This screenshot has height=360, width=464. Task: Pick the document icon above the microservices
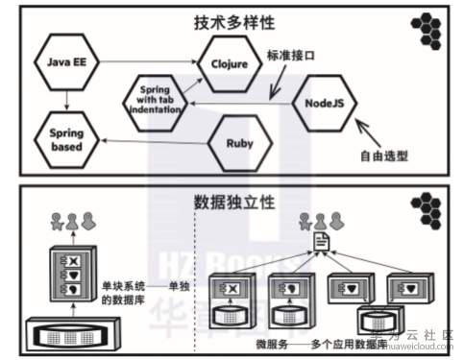coord(320,244)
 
